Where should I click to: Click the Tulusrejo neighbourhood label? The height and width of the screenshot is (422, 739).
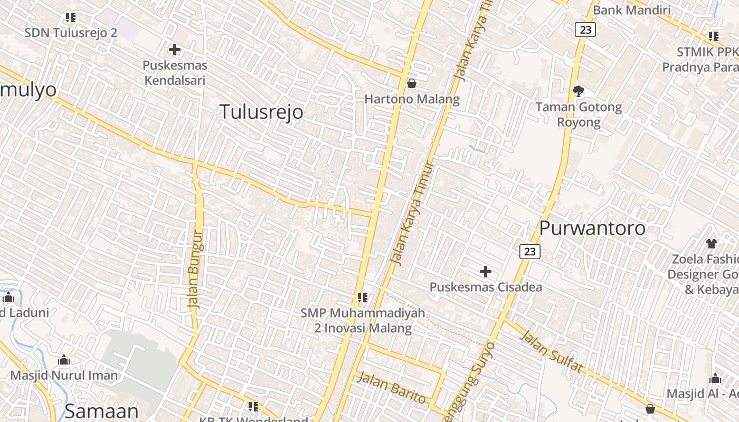pos(261,112)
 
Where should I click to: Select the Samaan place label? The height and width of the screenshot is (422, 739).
pos(101,410)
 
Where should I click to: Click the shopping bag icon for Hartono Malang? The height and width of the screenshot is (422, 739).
pos(412,83)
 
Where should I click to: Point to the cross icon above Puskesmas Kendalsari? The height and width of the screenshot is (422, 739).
pos(174,50)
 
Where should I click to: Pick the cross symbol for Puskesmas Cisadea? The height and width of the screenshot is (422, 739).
pos(485,272)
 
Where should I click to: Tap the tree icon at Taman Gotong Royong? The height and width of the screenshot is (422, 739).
pos(579,91)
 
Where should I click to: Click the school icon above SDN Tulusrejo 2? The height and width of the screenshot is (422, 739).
pos(71,17)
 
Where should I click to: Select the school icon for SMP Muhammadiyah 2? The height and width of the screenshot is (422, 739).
pos(362,298)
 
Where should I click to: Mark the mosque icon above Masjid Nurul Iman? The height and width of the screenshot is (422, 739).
pos(64,360)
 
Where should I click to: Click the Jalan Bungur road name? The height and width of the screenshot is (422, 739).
pos(195,269)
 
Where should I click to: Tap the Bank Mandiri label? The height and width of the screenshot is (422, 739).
pos(631,10)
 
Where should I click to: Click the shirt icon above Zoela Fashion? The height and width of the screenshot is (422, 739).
pos(712,243)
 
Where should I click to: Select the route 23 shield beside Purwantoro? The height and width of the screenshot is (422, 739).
pos(530,252)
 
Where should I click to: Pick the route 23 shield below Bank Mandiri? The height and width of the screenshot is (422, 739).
pos(585,30)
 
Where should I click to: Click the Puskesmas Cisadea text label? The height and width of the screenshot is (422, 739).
pos(485,287)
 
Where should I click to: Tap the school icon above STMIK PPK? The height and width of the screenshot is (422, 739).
pos(713,36)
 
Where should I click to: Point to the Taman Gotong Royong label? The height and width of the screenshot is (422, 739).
pos(579,114)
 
